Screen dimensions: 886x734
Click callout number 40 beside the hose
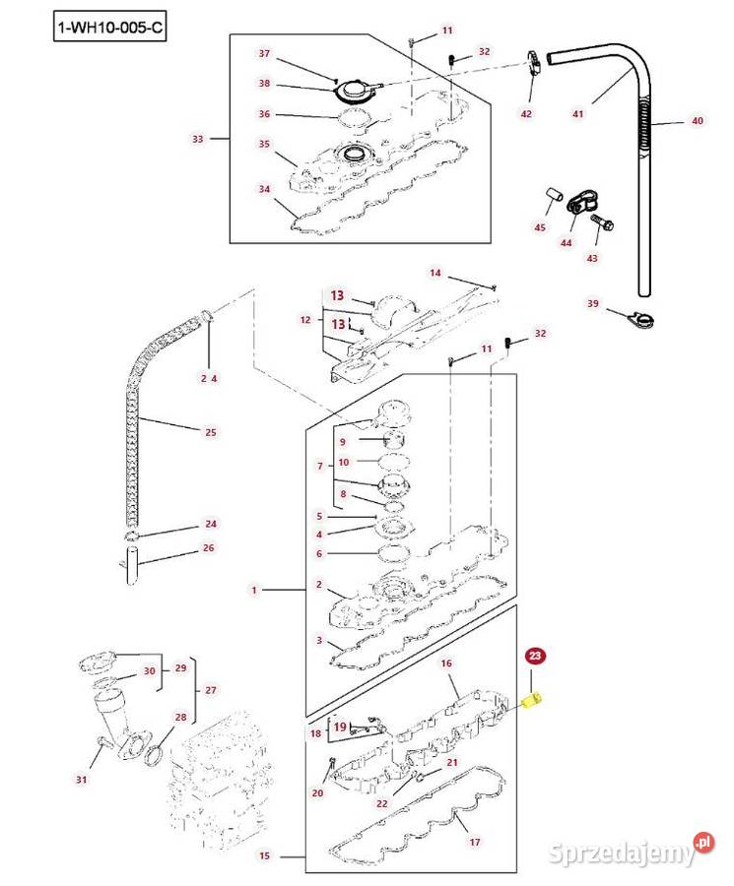[697, 121]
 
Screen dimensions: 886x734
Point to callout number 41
[578, 114]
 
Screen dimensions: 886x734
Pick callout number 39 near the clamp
[592, 303]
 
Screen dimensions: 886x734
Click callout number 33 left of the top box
[197, 139]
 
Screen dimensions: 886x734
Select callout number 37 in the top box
[264, 52]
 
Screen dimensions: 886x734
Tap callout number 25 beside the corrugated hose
[210, 432]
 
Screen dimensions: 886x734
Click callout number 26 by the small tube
[208, 548]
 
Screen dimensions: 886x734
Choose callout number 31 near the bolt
[82, 781]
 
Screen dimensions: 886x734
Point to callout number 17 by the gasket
[474, 842]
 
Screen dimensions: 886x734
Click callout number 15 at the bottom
[264, 856]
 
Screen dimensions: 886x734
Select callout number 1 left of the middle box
[253, 591]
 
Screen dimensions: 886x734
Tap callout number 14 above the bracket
[435, 272]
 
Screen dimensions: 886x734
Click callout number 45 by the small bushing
[539, 228]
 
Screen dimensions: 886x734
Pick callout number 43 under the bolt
[592, 258]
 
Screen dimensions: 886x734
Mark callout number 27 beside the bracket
[210, 691]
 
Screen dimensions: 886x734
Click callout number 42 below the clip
[526, 114]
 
